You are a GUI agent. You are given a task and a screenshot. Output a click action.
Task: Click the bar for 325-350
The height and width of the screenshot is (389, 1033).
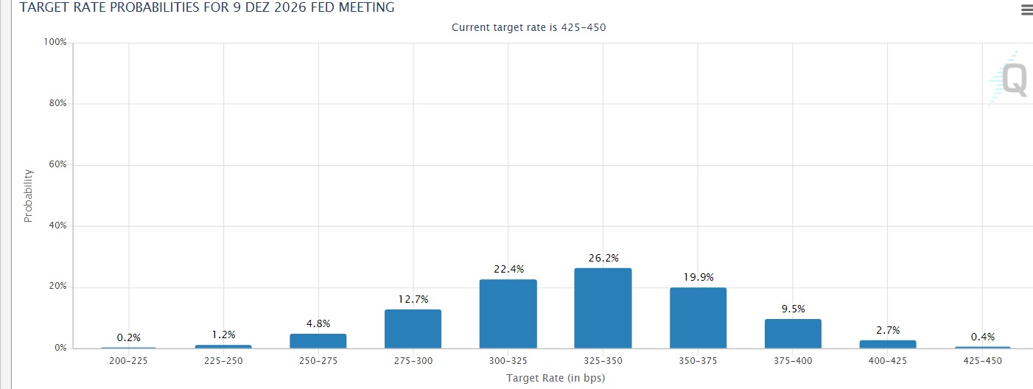tap(603, 308)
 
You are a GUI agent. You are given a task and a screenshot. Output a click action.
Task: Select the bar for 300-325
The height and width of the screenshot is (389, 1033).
tap(508, 314)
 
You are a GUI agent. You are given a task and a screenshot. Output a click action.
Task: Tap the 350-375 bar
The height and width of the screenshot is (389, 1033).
tap(698, 318)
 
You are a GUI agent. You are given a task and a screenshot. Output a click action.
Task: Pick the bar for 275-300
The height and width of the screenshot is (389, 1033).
tap(413, 329)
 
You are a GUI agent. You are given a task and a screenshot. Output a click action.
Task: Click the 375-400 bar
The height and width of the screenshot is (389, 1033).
tap(793, 334)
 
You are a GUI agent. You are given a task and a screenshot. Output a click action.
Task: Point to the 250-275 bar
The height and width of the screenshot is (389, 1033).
tap(318, 341)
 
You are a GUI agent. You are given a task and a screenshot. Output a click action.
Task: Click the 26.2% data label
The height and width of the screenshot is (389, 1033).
tap(603, 258)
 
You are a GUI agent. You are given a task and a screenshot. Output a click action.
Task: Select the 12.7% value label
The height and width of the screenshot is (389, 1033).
tap(413, 300)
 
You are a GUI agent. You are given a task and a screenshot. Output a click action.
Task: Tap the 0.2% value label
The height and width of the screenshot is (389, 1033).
tap(129, 338)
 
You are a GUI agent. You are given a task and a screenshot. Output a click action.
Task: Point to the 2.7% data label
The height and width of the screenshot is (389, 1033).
tap(888, 331)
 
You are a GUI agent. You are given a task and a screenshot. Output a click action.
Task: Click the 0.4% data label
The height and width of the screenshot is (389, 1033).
tap(983, 337)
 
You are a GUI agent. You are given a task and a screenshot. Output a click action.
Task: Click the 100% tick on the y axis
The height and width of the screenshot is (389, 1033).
tap(55, 42)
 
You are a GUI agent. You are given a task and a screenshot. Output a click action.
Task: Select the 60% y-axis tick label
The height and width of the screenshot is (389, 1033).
tap(57, 164)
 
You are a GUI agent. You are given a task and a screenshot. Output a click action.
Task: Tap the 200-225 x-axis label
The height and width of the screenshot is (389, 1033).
tap(129, 361)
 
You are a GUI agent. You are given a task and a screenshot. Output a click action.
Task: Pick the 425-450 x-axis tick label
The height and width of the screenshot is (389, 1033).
tap(983, 361)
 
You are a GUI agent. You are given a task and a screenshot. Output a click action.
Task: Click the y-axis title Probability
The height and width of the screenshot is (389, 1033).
tap(28, 196)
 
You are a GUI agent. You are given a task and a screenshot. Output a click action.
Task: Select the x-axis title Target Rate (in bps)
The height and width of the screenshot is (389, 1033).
tap(556, 378)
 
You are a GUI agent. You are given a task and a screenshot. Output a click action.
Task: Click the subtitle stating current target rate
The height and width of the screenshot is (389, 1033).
tap(528, 28)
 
